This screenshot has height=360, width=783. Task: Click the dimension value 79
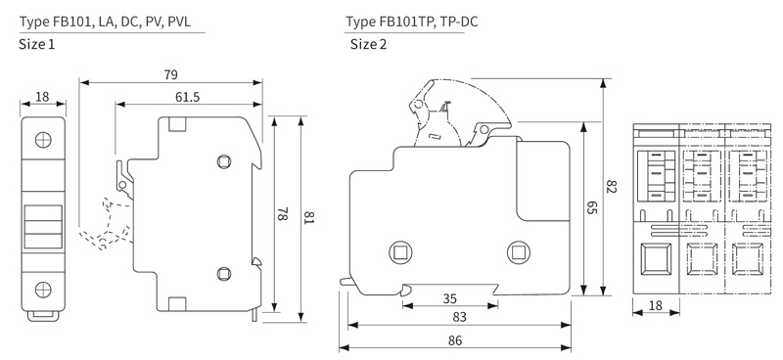[x=170, y=74]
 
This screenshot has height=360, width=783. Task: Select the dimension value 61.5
[x=188, y=96]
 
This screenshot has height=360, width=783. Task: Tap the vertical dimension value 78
[x=282, y=214]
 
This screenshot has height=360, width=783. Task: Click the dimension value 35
[x=450, y=297]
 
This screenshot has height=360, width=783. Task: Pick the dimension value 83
[x=458, y=317]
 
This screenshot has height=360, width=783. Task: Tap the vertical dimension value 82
[x=612, y=187]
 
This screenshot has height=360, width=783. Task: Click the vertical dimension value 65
[x=590, y=208]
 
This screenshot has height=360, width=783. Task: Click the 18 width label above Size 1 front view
[x=42, y=96]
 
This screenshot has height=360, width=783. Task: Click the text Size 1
[x=37, y=44]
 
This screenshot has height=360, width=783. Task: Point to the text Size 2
[x=369, y=44]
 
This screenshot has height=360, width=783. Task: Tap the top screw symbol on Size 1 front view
[x=43, y=139]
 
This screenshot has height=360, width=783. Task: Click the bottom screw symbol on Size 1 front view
[x=43, y=289]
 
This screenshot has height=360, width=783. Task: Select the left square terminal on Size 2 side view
[x=399, y=252]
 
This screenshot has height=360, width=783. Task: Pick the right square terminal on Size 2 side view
[x=518, y=252]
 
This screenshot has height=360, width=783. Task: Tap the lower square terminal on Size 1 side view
[x=224, y=275]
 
